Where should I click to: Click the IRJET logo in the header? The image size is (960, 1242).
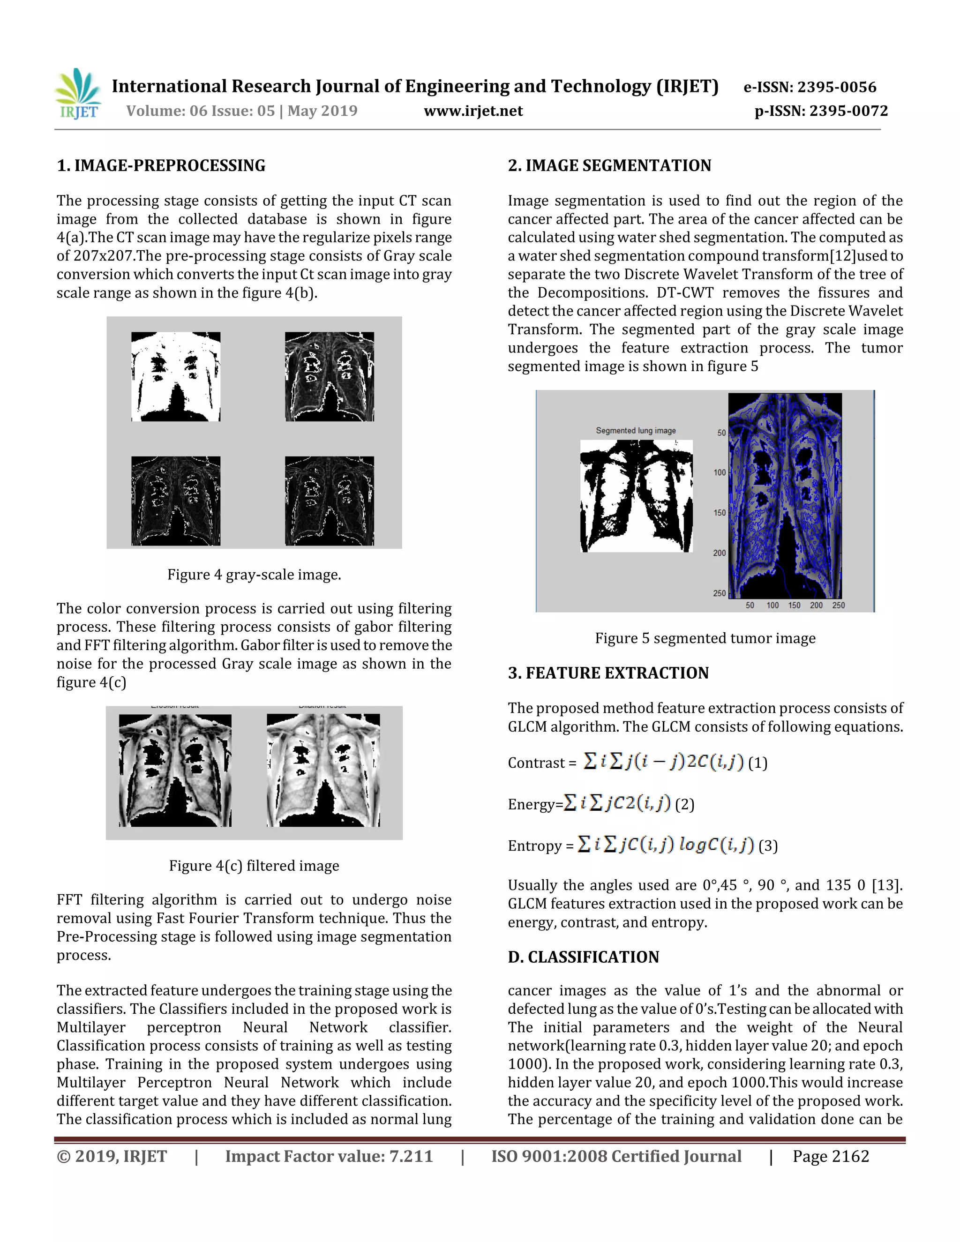tap(78, 94)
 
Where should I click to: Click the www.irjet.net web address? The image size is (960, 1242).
tap(473, 111)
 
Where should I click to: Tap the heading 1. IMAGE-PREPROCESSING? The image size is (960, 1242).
tap(161, 165)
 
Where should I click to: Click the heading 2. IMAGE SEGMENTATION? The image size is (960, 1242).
tap(609, 165)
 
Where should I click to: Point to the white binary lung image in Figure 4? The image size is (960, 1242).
tap(176, 376)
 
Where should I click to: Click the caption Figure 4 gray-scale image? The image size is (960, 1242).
tap(254, 575)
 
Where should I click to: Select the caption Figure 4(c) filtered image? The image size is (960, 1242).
tap(254, 866)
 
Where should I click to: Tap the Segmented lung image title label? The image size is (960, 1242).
tap(635, 431)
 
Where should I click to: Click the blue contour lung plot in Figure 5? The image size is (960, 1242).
tap(785, 495)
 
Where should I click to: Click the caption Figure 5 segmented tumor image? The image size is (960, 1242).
tap(705, 638)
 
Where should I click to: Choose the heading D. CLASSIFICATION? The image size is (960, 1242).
tap(583, 957)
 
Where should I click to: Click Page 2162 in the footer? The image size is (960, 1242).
tap(830, 1156)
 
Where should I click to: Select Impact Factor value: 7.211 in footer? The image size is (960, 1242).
tap(329, 1156)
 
